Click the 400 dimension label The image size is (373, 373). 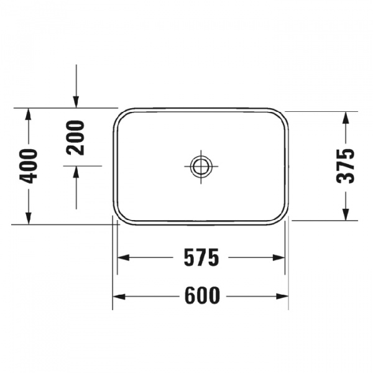click(x=29, y=165)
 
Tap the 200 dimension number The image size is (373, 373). click(x=76, y=138)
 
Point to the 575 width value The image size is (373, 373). click(x=202, y=257)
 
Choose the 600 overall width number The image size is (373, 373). click(x=202, y=296)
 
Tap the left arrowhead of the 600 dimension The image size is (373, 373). click(x=118, y=296)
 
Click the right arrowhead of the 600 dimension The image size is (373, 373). click(x=283, y=296)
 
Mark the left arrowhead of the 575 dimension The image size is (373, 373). click(x=123, y=257)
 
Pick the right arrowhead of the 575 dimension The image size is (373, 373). click(x=280, y=257)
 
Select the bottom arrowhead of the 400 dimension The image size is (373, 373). click(x=29, y=218)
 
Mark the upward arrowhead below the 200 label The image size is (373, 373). click(x=76, y=172)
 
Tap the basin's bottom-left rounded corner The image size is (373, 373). click(x=121, y=216)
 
